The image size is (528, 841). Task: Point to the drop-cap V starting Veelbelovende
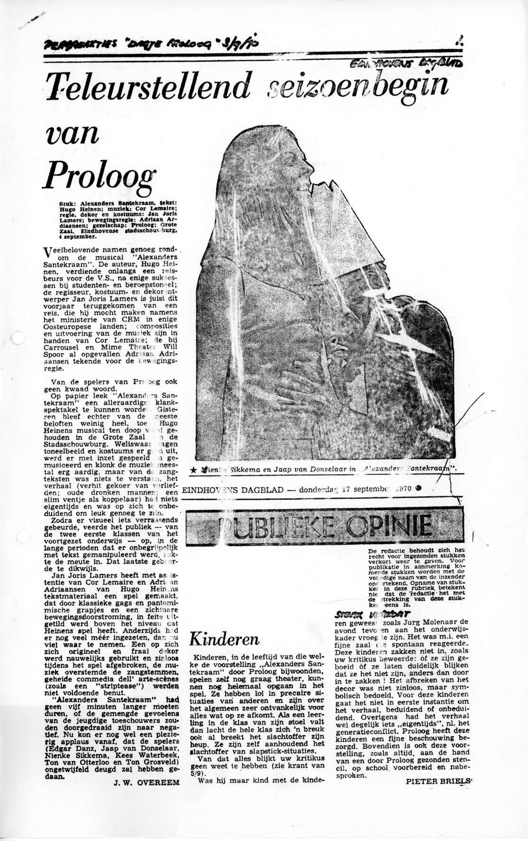[47, 252]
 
